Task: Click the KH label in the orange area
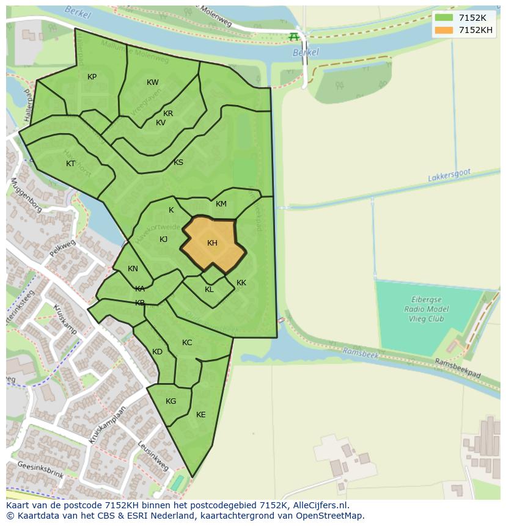[x=212, y=243]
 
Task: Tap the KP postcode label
[x=92, y=77]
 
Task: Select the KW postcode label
[x=152, y=82]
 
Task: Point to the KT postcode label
[x=70, y=164]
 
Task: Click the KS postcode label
[x=178, y=163]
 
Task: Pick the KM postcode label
[x=221, y=204]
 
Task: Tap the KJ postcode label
[x=163, y=239]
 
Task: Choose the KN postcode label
[x=133, y=269]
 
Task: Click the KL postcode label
[x=209, y=290]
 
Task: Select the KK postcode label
[x=241, y=283]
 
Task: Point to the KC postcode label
[x=187, y=343]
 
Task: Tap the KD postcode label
[x=157, y=352]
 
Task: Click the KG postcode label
[x=170, y=401]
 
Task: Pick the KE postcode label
[x=200, y=415]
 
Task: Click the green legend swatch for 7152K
[x=444, y=18]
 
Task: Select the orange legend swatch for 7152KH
[x=444, y=30]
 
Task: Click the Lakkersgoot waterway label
[x=449, y=175]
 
